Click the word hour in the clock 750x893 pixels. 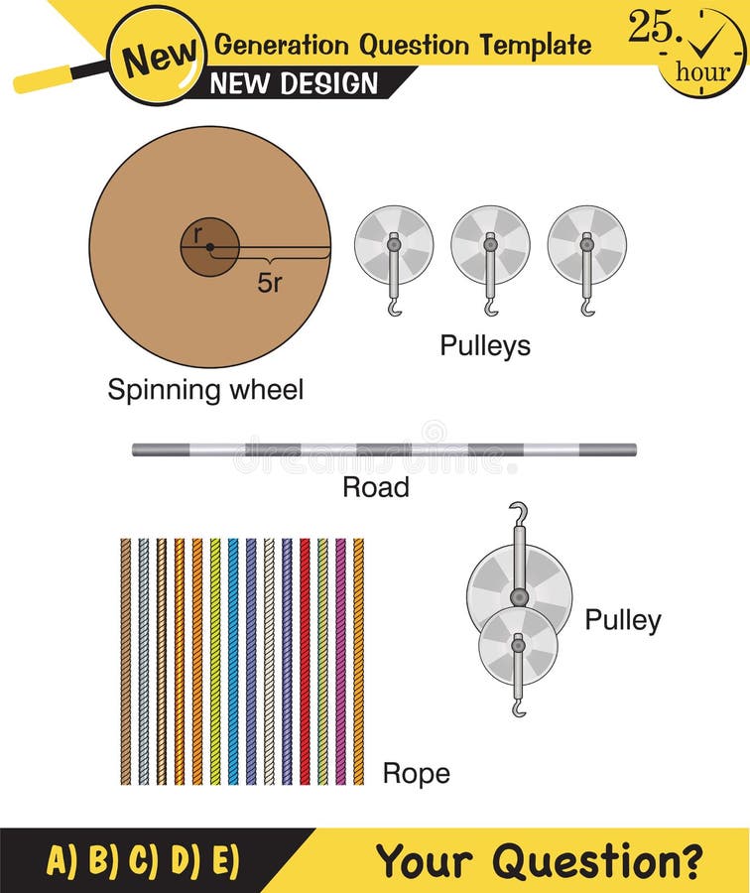pyautogui.click(x=701, y=71)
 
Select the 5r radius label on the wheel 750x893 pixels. pyautogui.click(x=270, y=282)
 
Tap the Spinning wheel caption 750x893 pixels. pyautogui.click(x=205, y=390)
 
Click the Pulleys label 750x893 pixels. pyautogui.click(x=485, y=345)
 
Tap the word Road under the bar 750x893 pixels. pyautogui.click(x=375, y=486)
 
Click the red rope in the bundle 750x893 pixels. pyautogui.click(x=305, y=660)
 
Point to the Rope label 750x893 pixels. pyautogui.click(x=416, y=773)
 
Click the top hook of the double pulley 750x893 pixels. pyautogui.click(x=517, y=513)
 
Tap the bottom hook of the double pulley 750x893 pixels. pyautogui.click(x=518, y=707)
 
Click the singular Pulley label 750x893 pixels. pyautogui.click(x=622, y=620)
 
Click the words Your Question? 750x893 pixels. pyautogui.click(x=539, y=860)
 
